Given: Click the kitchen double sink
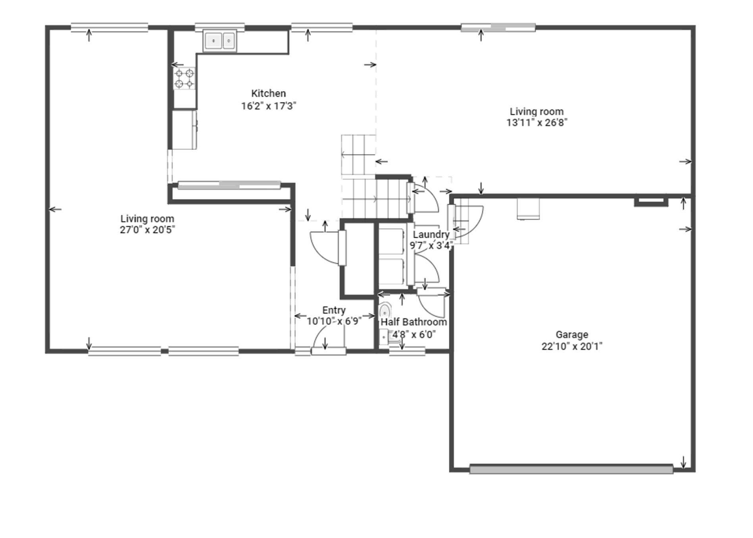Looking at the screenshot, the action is [x=220, y=40].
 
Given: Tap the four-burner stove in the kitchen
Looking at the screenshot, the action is [x=184, y=78].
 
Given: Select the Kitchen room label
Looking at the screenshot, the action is [x=268, y=93].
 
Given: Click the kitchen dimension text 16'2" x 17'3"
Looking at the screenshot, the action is [x=269, y=106].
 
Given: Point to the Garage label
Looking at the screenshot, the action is [x=572, y=335].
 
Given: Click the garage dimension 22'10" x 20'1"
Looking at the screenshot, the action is [x=572, y=346].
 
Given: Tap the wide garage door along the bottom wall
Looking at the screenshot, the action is [x=571, y=469].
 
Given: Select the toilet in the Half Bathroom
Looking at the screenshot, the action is [x=385, y=310].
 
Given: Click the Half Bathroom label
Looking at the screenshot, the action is [x=414, y=322].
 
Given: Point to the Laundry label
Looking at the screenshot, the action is [x=431, y=234].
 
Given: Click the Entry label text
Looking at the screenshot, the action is [x=334, y=310].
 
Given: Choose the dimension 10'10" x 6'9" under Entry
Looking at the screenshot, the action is [x=334, y=321].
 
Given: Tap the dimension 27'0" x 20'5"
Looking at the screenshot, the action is [x=147, y=230].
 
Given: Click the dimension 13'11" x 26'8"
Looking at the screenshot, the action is [x=537, y=123].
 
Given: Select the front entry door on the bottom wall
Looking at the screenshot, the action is [x=328, y=351].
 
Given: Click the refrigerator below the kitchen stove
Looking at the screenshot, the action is [x=184, y=130].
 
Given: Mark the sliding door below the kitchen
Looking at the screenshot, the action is [x=229, y=185].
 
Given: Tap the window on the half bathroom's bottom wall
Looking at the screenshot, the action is [x=407, y=351].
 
